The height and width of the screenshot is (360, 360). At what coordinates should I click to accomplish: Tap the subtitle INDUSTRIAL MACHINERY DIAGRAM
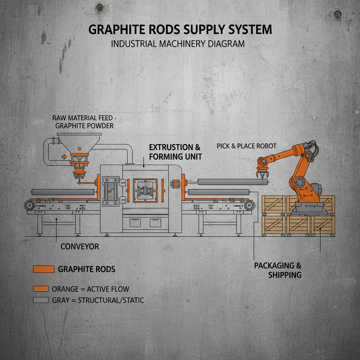[x=178, y=44]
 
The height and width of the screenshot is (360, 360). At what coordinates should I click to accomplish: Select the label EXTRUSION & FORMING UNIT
[x=175, y=152]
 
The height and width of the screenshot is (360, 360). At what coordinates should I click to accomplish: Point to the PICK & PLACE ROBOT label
[x=246, y=146]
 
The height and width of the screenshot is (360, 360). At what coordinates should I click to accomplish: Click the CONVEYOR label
[x=80, y=246]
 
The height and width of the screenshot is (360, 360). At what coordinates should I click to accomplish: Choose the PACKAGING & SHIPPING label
[x=278, y=270]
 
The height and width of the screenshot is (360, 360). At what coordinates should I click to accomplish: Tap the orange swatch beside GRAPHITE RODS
[x=43, y=269]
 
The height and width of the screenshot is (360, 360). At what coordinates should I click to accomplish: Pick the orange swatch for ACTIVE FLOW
[x=40, y=289]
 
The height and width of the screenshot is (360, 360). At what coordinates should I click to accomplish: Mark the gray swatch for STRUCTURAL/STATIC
[x=40, y=300]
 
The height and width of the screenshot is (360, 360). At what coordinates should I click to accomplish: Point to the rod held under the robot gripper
[x=232, y=182]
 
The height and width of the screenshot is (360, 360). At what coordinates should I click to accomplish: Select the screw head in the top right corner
[x=338, y=14]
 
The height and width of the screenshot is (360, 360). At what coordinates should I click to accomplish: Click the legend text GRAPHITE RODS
[x=86, y=270]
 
